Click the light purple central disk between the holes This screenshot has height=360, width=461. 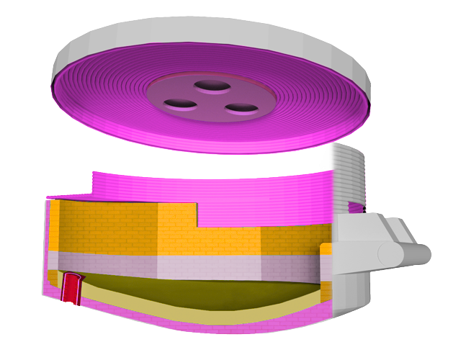tap(209, 102)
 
